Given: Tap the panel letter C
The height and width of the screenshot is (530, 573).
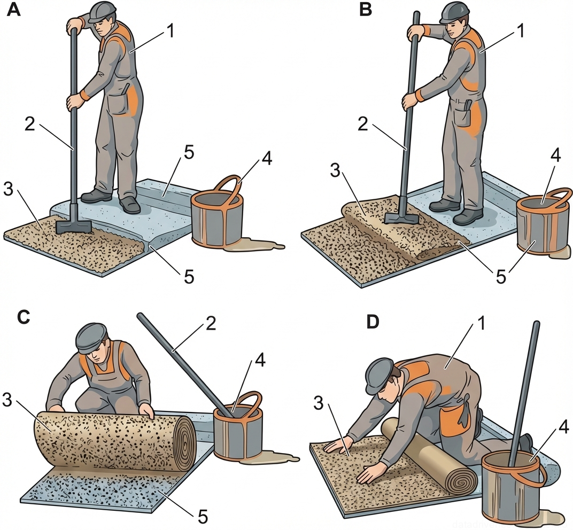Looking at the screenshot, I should [23, 317].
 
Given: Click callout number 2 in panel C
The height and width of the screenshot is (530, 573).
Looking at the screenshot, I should [210, 324].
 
